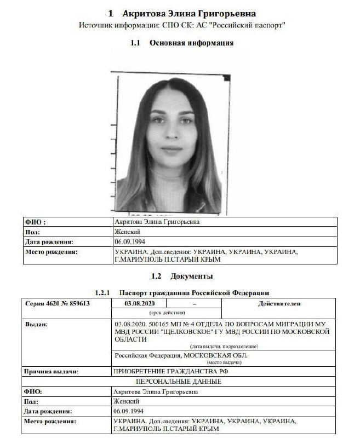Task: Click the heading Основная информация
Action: (191, 43)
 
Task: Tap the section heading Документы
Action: (191, 276)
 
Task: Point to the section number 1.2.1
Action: (102, 293)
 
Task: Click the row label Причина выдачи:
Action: (51, 371)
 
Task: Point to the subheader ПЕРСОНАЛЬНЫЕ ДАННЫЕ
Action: (179, 381)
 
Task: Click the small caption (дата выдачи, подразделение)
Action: (224, 347)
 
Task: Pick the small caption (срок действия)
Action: (167, 313)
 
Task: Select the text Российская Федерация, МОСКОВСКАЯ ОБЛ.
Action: (180, 355)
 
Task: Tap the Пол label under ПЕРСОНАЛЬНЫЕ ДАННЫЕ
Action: (31, 401)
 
